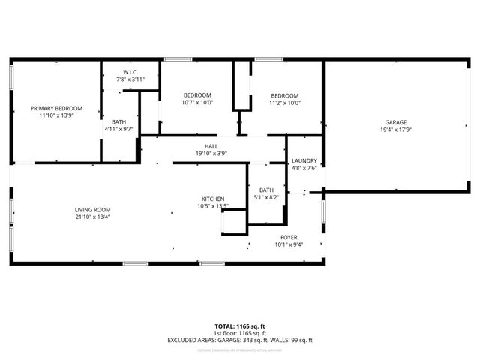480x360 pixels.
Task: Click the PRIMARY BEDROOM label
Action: coord(56,108)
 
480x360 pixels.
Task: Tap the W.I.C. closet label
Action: coord(128,72)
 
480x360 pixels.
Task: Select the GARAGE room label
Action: coord(396,122)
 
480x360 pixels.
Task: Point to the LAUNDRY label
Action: coord(304,160)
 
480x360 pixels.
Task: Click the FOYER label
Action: coord(288,236)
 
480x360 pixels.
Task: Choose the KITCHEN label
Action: coord(212,199)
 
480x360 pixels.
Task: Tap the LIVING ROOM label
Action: coord(92,209)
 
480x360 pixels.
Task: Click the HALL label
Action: coord(211,146)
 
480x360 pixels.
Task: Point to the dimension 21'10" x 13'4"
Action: coord(92,217)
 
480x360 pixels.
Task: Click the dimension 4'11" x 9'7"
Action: coord(119,129)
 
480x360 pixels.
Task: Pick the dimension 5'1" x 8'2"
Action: coord(267,197)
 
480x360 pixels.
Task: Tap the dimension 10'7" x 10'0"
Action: coord(198,103)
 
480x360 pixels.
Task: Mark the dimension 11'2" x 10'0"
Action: coord(285,103)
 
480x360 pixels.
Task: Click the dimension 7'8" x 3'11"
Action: coord(128,79)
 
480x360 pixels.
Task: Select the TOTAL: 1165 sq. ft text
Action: coord(240,326)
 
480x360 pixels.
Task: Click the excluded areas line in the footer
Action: coord(240,340)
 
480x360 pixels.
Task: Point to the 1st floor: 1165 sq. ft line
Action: coord(240,333)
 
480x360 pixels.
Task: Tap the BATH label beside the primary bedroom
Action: coord(119,121)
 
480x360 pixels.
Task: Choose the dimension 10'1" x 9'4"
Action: coord(288,244)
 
